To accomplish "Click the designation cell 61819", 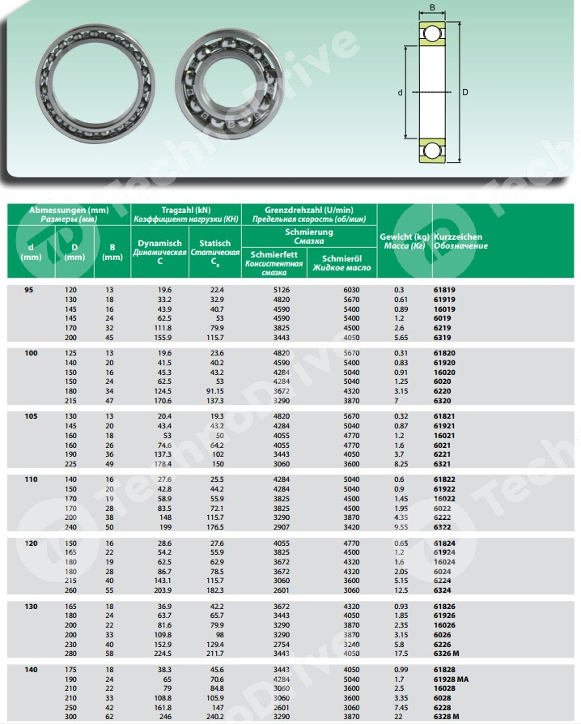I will point(444,289).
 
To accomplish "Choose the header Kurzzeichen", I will point(458,236).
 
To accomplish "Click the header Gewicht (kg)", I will point(405,236).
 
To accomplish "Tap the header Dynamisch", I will point(159,243).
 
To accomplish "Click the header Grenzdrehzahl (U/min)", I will point(309,210).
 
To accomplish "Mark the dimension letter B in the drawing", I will point(432,8).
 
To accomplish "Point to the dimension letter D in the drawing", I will point(464,92).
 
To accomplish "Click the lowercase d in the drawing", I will point(401,92).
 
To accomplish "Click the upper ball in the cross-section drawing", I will point(432,34).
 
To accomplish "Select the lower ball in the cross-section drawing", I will point(432,150).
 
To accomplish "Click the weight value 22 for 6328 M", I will point(398,717).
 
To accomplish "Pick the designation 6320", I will point(442,399).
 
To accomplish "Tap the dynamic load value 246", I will point(165,717).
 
